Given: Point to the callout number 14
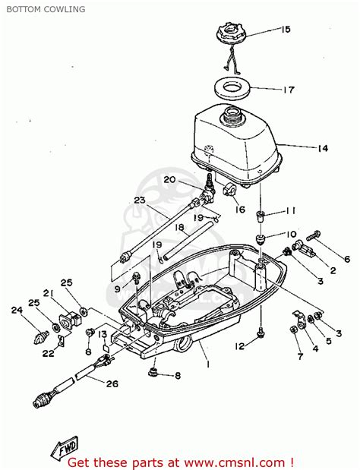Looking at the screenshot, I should click(x=322, y=148).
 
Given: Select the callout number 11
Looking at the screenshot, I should click(x=291, y=210).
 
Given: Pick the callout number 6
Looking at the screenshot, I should click(x=346, y=259).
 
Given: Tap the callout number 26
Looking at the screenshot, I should click(x=112, y=383).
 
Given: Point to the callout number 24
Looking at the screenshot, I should click(x=17, y=309).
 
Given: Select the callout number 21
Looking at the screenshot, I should click(x=47, y=293).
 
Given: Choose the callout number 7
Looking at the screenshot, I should click(x=299, y=356).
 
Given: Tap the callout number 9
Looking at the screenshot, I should click(x=117, y=289).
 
